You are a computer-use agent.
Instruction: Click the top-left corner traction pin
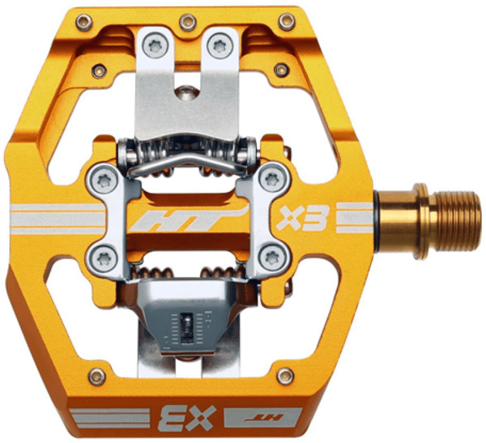tap(84, 23)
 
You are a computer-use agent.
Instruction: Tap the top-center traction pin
tap(188, 23)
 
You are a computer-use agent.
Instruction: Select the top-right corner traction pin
tap(287, 22)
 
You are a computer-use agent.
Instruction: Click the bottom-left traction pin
tap(96, 377)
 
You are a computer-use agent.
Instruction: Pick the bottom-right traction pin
tap(285, 377)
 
